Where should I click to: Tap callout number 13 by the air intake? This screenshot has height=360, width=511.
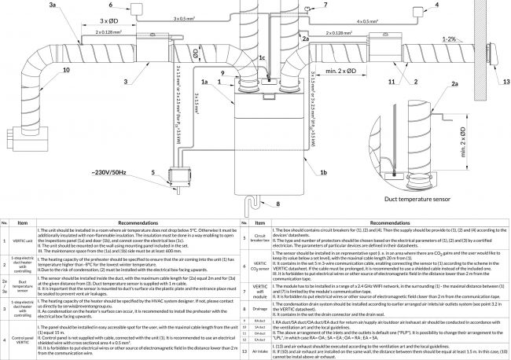pos(506,80)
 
